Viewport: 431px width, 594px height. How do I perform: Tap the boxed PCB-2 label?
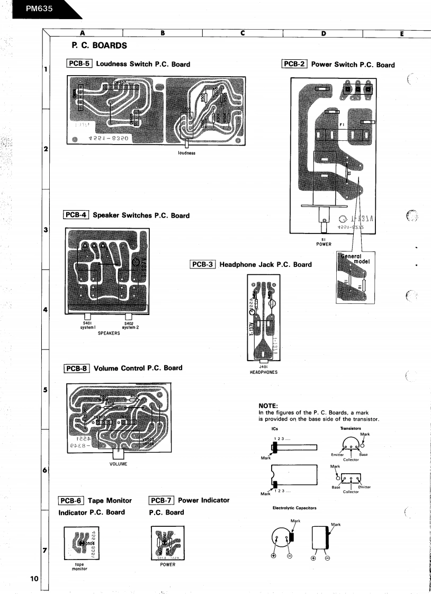[x=294, y=64]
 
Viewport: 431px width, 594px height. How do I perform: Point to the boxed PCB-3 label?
[x=202, y=264]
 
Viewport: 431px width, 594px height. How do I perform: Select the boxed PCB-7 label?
[x=162, y=500]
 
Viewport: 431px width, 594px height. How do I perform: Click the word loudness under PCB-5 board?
[x=187, y=153]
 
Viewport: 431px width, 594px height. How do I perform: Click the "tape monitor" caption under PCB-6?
[x=77, y=566]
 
